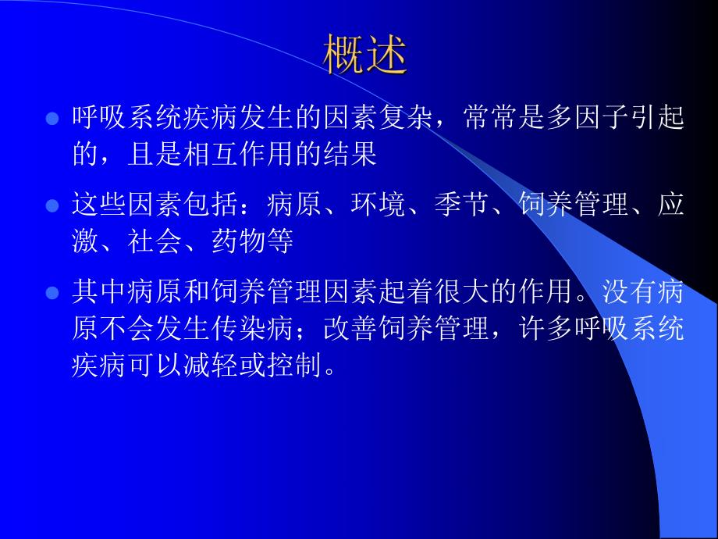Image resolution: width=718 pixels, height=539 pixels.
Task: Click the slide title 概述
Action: coord(365,55)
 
